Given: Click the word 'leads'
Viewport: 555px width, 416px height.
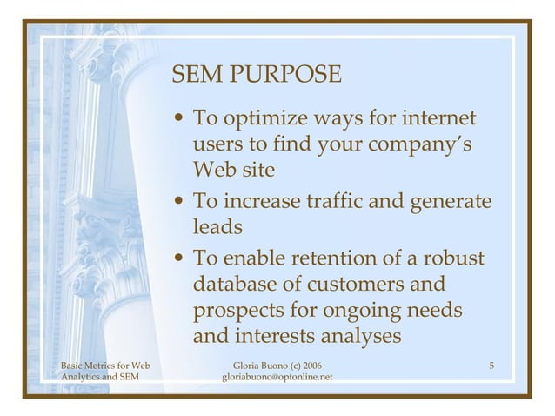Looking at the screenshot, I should (x=216, y=226).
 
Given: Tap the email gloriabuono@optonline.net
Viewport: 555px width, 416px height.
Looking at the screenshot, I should (x=277, y=377).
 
